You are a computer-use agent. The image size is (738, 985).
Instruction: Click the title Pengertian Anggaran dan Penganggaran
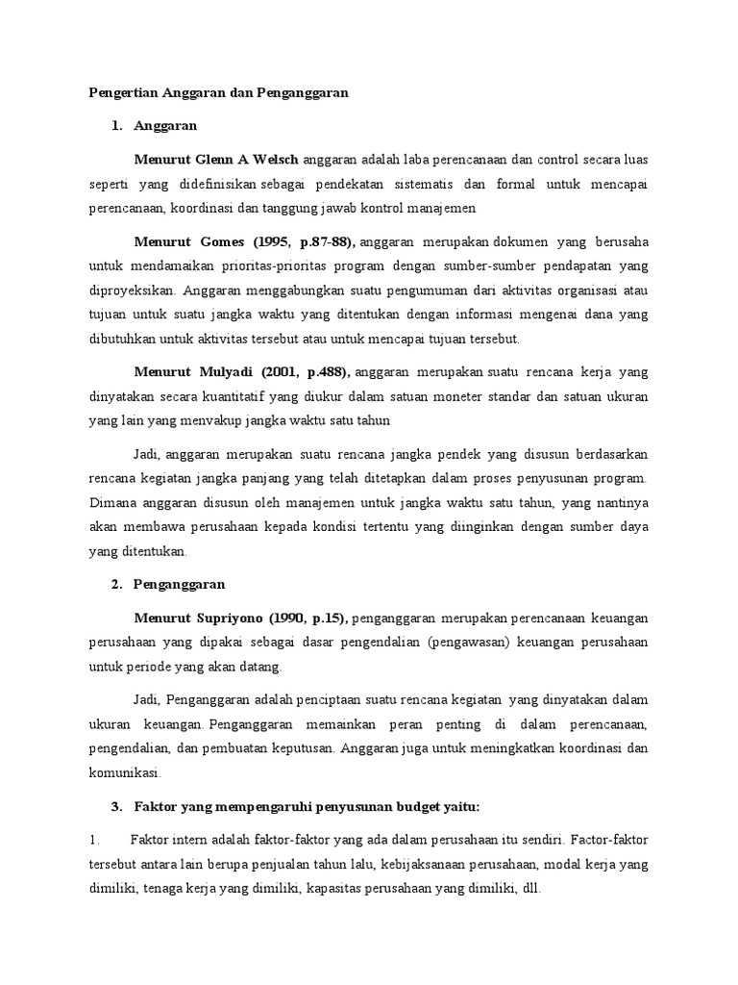[217, 93]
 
